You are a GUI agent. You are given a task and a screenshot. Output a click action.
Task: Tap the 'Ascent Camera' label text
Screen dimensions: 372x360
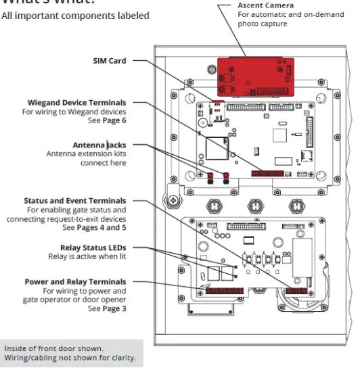[265, 5]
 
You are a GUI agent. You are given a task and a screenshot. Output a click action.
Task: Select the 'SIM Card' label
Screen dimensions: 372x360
[109, 61]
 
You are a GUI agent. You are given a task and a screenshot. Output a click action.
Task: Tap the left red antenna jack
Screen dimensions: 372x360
[210, 179]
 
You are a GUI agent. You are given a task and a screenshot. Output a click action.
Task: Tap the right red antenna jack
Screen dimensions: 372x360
[226, 179]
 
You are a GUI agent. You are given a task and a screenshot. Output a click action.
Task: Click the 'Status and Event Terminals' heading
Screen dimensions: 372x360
[74, 201]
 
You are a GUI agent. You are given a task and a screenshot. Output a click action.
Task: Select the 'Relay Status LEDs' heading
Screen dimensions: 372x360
[93, 248]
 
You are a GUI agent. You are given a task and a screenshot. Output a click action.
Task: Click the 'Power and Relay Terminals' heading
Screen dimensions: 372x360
[75, 281]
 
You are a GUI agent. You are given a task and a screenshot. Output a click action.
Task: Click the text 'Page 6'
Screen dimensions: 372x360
[113, 120]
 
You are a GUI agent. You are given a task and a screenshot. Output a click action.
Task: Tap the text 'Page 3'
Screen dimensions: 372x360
[113, 308]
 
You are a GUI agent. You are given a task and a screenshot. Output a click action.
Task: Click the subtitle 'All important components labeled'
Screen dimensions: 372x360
[74, 16]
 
